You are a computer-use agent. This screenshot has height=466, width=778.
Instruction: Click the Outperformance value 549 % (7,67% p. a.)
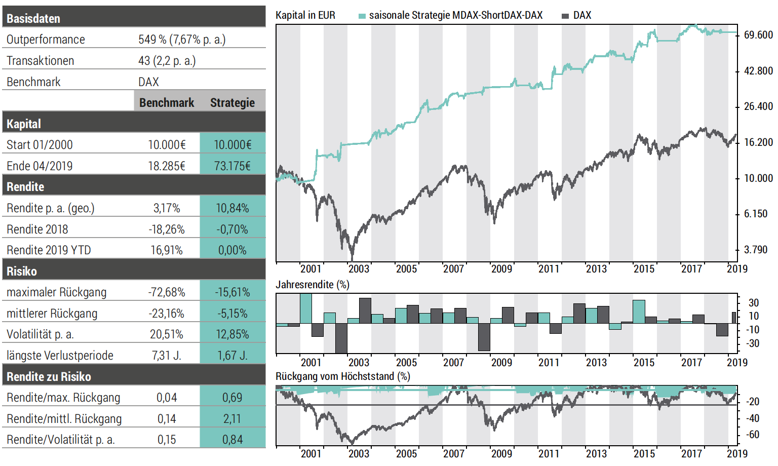pyautogui.click(x=182, y=40)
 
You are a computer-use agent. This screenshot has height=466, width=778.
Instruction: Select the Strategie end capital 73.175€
pyautogui.click(x=232, y=166)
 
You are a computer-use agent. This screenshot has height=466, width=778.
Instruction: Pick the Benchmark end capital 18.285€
pyautogui.click(x=167, y=166)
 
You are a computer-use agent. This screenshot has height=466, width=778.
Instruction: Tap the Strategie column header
pyautogui.click(x=232, y=103)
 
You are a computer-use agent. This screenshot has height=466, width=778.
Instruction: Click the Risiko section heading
pyautogui.click(x=22, y=271)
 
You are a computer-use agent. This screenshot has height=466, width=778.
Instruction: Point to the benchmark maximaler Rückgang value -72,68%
pyautogui.click(x=167, y=293)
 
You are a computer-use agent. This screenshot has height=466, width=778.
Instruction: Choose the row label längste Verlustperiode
pyautogui.click(x=60, y=356)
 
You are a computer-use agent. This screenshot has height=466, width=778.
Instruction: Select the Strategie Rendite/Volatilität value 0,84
pyautogui.click(x=232, y=440)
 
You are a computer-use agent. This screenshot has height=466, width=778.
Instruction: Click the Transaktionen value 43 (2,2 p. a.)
pyautogui.click(x=167, y=61)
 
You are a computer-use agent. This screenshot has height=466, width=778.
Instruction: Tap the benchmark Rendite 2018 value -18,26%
pyautogui.click(x=167, y=229)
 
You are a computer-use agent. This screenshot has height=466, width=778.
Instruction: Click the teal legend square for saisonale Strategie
pyautogui.click(x=362, y=16)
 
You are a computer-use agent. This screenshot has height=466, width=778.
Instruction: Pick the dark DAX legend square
pyautogui.click(x=565, y=16)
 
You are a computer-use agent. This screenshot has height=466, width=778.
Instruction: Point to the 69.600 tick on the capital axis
pyautogui.click(x=758, y=35)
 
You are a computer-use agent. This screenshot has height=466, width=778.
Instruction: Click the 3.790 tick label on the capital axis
pyautogui.click(x=756, y=250)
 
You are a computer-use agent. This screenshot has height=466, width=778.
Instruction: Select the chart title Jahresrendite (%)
pyautogui.click(x=312, y=285)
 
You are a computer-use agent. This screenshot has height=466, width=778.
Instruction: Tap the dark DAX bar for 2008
pyautogui.click(x=484, y=337)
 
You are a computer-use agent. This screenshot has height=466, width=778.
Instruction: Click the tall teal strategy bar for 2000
pyautogui.click(x=306, y=308)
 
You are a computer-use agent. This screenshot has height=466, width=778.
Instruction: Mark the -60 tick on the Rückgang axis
pyautogui.click(x=753, y=435)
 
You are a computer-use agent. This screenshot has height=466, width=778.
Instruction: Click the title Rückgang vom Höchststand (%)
pyautogui.click(x=342, y=376)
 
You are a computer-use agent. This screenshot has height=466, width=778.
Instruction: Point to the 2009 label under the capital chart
pyautogui.click(x=501, y=269)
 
